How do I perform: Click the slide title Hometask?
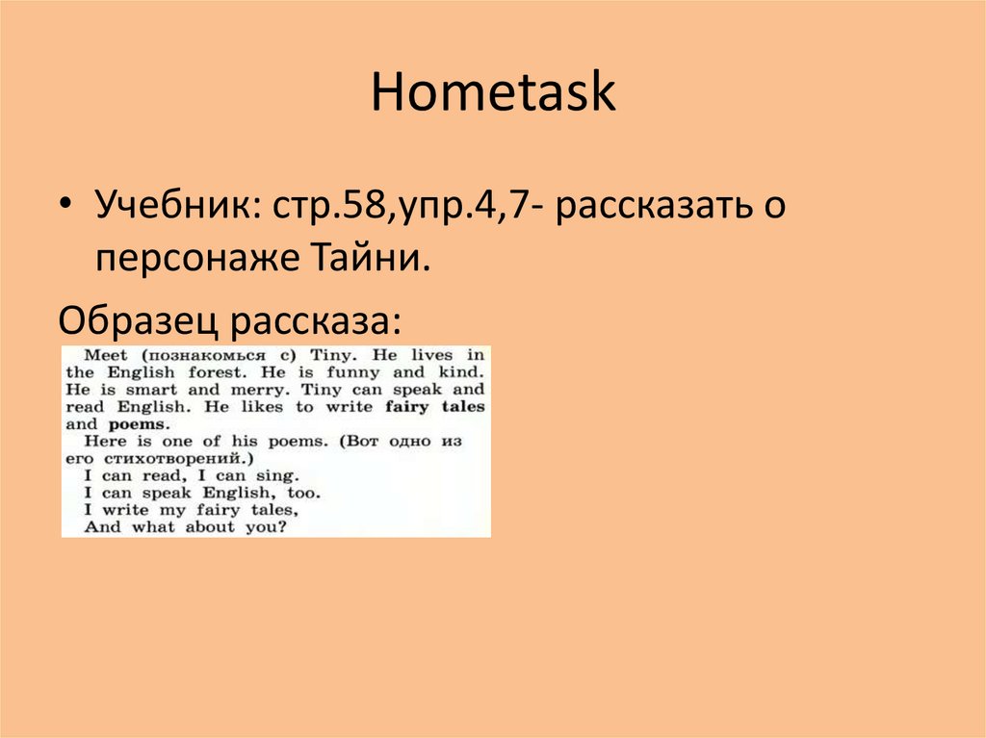(x=492, y=94)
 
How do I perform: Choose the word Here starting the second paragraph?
(x=104, y=442)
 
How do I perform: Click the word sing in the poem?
(x=280, y=475)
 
